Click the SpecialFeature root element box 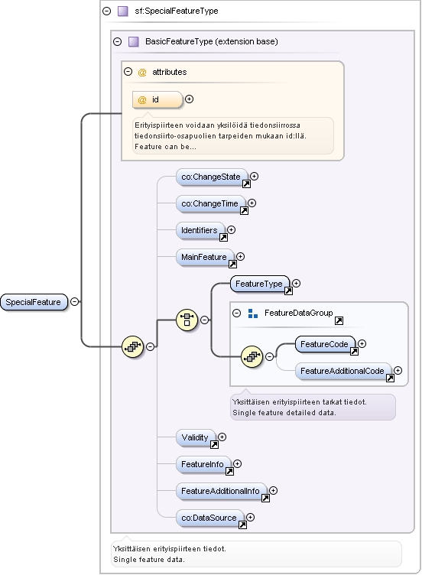pyautogui.click(x=34, y=302)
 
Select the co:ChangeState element pyautogui.click(x=212, y=177)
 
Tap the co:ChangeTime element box pyautogui.click(x=211, y=203)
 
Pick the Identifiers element pyautogui.click(x=200, y=230)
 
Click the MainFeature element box pyautogui.click(x=206, y=257)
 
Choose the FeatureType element pyautogui.click(x=260, y=284)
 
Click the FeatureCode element pyautogui.click(x=325, y=344)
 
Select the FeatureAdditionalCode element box pyautogui.click(x=343, y=371)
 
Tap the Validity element pyautogui.click(x=196, y=437)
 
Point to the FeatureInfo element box pyautogui.click(x=204, y=464)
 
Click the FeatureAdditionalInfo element pyautogui.click(x=222, y=491)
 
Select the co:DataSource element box pyautogui.click(x=210, y=518)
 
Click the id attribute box pyautogui.click(x=157, y=99)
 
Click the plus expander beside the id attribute pyautogui.click(x=189, y=99)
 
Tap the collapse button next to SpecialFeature pyautogui.click(x=74, y=302)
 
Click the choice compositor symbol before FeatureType pyautogui.click(x=187, y=320)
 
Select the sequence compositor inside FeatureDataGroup pyautogui.click(x=252, y=356)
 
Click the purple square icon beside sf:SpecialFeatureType pyautogui.click(x=123, y=11)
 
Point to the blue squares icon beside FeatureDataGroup pyautogui.click(x=252, y=313)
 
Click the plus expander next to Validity pyautogui.click(x=222, y=437)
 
